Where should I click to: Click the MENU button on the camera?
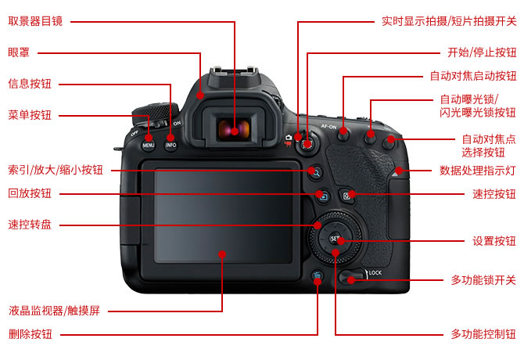point(149,145)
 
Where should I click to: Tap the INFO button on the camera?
point(170,145)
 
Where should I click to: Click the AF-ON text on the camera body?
point(328,126)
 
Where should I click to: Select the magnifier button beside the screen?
point(315,172)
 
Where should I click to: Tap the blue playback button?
point(323,196)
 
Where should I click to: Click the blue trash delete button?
point(318,276)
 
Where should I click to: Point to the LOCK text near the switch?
point(375,273)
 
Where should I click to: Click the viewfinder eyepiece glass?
point(234,130)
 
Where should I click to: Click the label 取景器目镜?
point(35,21)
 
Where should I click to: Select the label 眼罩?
point(19,52)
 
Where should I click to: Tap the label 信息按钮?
point(30,84)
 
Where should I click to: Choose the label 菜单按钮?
point(30,115)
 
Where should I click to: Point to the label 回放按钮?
point(30,193)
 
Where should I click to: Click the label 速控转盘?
point(30,225)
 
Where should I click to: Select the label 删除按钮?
point(30,334)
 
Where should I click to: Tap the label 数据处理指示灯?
point(478,171)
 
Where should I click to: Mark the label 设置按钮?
point(494,241)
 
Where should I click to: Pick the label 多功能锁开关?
point(483,280)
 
